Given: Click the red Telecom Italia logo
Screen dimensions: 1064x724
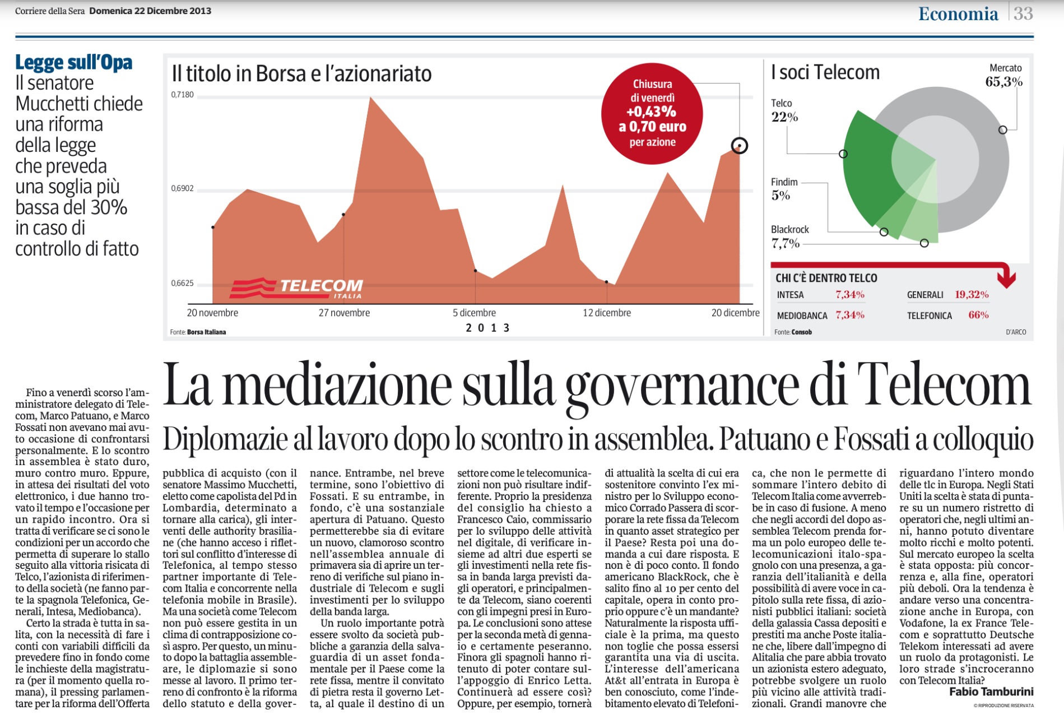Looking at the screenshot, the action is pos(296,288).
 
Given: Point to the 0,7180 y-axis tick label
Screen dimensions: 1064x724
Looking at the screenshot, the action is pos(182,95).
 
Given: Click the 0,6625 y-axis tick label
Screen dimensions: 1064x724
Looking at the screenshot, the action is pos(182,283).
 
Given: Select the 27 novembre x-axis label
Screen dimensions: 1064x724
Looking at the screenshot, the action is pos(344,313).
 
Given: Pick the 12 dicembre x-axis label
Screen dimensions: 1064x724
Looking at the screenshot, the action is pos(607,313).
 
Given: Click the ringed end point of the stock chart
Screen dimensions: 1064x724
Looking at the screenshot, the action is pos(740,146).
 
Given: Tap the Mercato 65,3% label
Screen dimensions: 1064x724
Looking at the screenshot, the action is pos(1004,76).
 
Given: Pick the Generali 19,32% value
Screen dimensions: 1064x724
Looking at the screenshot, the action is pos(972,295).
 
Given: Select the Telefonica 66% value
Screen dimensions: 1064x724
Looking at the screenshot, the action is pos(978,315).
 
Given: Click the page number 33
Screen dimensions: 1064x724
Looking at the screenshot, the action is pos(1023,13).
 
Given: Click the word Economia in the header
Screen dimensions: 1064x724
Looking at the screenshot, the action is pos(958,14).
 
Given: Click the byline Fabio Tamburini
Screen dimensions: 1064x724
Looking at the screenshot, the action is pos(991,691).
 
